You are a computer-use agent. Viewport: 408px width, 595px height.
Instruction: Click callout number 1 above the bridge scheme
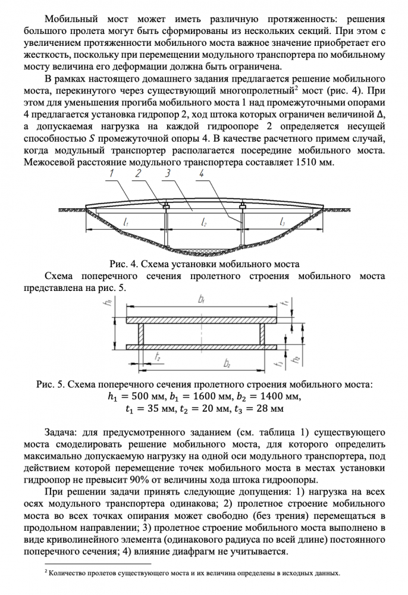pyautogui.click(x=114, y=174)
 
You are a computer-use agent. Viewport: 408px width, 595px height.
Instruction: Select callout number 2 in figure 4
pyautogui.click(x=139, y=174)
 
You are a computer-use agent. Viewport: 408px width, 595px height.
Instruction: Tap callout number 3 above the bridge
pyautogui.click(x=168, y=174)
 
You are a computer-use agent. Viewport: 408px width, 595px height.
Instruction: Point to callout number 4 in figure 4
pyautogui.click(x=202, y=174)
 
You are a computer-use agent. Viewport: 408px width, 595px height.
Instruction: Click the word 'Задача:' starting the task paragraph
pyautogui.click(x=64, y=430)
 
